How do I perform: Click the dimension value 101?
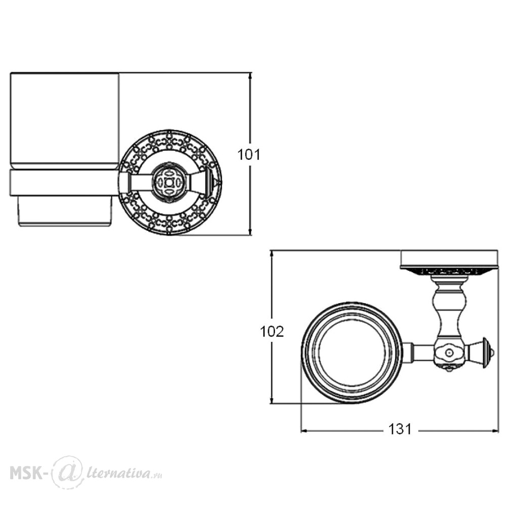(x=248, y=154)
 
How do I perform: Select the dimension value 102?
(x=272, y=331)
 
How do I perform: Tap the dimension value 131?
(x=400, y=429)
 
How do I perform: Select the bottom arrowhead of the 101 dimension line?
(x=250, y=231)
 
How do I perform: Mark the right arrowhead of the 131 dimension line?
(x=494, y=431)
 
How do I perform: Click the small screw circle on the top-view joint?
(x=448, y=352)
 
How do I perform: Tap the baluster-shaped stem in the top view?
(x=448, y=309)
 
